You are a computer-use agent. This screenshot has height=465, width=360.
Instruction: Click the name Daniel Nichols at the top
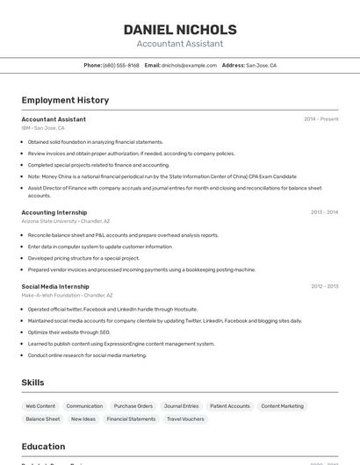tap(180, 29)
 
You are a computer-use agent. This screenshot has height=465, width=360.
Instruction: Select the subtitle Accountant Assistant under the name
tap(180, 44)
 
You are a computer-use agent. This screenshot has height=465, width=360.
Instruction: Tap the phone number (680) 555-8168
tap(121, 65)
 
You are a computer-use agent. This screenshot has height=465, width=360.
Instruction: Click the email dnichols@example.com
tap(189, 65)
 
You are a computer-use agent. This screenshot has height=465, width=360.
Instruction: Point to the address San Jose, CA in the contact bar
tap(261, 65)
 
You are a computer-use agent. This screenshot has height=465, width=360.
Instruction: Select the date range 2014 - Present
tap(320, 119)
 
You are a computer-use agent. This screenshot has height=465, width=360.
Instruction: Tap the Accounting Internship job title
tap(54, 212)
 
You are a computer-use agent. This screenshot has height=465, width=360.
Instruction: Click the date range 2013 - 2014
tap(324, 212)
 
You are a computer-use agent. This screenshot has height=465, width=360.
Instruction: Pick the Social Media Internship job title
tap(55, 286)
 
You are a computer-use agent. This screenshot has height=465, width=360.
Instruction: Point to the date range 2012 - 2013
tap(324, 286)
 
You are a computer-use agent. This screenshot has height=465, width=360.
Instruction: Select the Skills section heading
tap(32, 383)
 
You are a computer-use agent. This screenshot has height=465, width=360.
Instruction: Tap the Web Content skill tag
tap(40, 406)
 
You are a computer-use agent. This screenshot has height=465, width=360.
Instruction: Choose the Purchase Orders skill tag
tap(133, 406)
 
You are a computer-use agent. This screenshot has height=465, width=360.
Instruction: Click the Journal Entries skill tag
tap(182, 406)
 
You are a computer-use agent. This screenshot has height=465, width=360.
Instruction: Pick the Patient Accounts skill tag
tap(230, 406)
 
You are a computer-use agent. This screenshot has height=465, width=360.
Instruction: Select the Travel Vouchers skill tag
tap(185, 419)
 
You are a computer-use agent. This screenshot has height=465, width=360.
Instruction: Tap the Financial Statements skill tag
tap(131, 419)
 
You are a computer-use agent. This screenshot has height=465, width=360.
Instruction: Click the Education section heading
tap(43, 447)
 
